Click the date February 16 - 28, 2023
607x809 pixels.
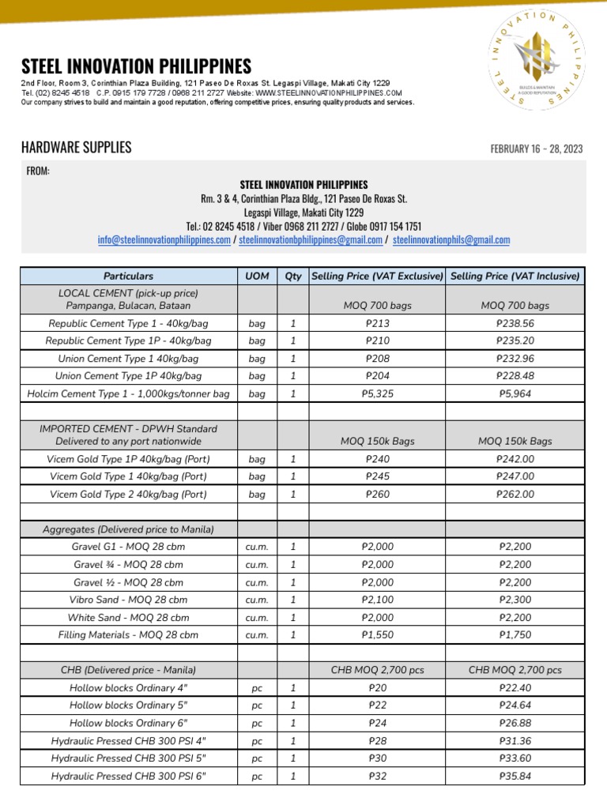(x=537, y=149)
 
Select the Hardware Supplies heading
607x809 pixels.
(x=76, y=148)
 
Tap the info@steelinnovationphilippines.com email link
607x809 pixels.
(x=164, y=240)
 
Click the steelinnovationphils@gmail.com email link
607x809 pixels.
(x=451, y=240)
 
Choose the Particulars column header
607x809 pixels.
(x=128, y=276)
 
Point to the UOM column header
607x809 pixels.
(x=257, y=276)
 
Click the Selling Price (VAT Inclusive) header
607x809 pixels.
(x=515, y=276)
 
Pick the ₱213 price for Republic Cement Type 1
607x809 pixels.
(x=378, y=323)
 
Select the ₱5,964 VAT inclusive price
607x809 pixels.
(x=515, y=393)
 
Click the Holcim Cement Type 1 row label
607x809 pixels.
(x=128, y=393)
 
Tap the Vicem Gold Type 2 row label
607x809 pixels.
(x=128, y=495)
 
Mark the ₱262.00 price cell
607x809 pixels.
(x=515, y=495)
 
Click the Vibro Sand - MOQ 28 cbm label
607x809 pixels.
(x=128, y=600)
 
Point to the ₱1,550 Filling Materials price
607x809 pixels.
(x=378, y=634)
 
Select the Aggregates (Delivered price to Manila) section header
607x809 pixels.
(x=128, y=529)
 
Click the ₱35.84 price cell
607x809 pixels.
(x=515, y=776)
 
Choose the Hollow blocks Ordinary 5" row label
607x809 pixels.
(x=128, y=705)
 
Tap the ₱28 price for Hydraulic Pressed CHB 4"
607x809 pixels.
(x=378, y=740)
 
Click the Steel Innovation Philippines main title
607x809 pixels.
(x=136, y=66)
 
